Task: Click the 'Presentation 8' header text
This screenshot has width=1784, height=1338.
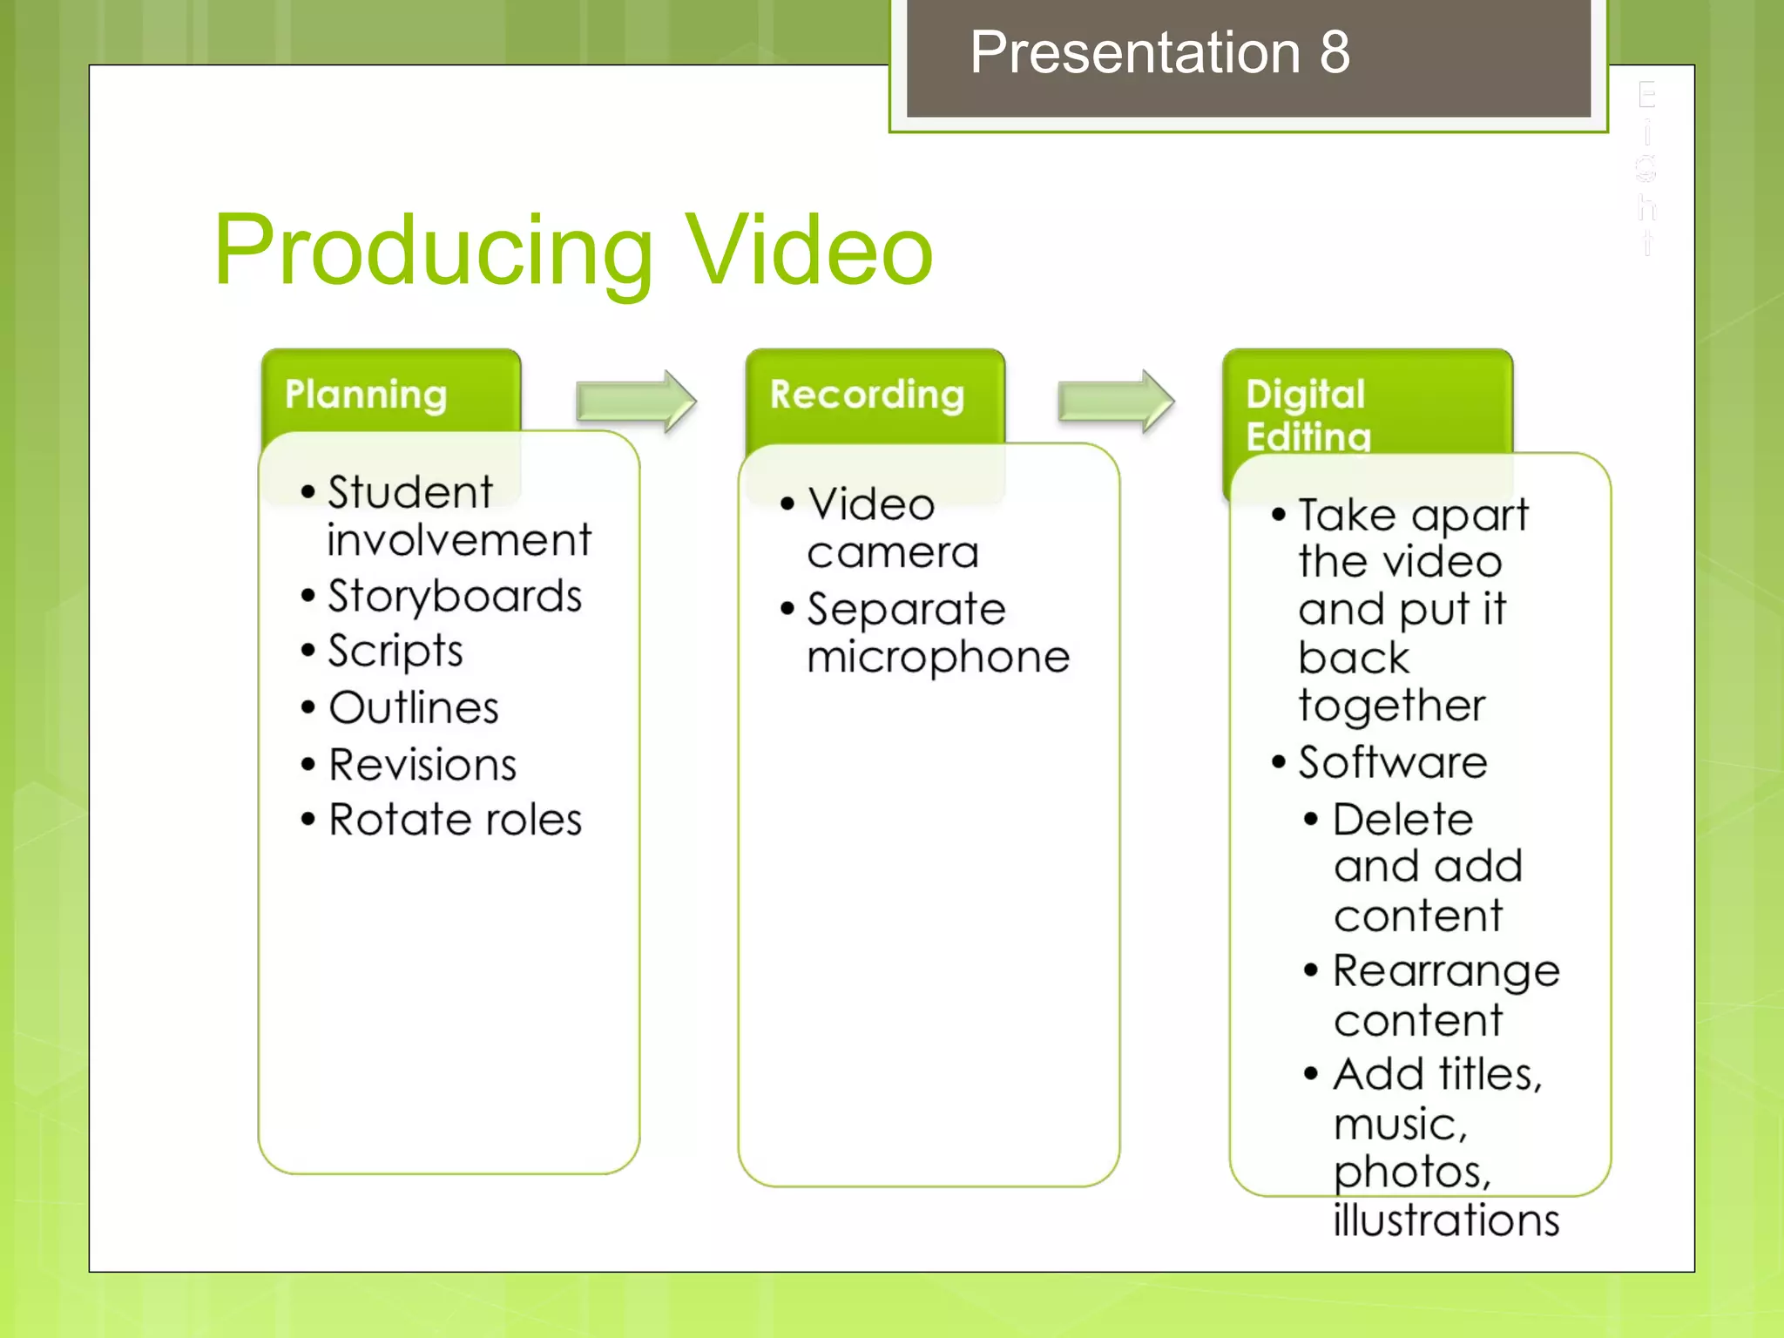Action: click(x=1159, y=52)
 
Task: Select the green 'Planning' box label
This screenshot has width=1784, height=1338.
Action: click(x=366, y=395)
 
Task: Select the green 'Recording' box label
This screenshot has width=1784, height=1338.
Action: click(x=867, y=395)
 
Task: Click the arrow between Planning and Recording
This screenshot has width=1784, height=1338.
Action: click(x=636, y=401)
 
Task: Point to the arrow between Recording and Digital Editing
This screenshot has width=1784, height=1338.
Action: click(x=1116, y=401)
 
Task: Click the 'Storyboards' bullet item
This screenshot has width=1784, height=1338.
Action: click(x=454, y=597)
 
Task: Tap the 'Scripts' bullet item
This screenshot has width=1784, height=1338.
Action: click(x=395, y=652)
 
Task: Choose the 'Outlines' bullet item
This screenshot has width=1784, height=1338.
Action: click(x=414, y=707)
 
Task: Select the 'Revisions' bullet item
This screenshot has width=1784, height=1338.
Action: click(x=422, y=765)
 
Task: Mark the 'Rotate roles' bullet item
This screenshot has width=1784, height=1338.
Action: click(x=455, y=820)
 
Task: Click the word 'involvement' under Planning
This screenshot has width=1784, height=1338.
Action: click(x=459, y=540)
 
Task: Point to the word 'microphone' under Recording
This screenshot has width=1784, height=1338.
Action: click(x=938, y=657)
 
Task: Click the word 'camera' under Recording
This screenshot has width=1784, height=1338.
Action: click(x=893, y=552)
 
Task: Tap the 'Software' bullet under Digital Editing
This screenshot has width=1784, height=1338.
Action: click(x=1392, y=763)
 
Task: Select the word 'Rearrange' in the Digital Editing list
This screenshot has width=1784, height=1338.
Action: click(x=1446, y=971)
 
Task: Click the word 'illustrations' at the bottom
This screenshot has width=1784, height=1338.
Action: click(x=1446, y=1220)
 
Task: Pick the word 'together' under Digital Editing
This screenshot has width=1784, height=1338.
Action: click(x=1391, y=706)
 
